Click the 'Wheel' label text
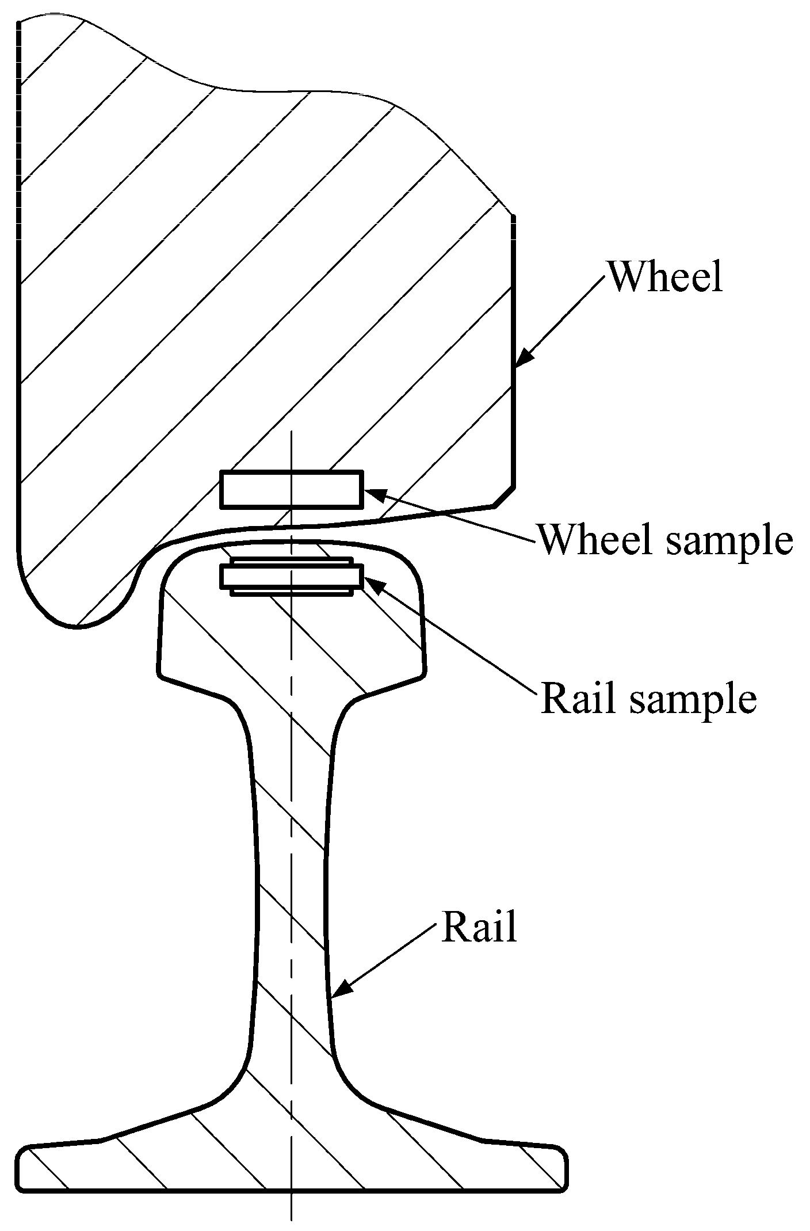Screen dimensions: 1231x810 [665, 277]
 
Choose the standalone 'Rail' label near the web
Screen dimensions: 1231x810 [479, 927]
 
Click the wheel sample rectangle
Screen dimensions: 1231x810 [292, 489]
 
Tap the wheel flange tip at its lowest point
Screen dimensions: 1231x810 [75, 627]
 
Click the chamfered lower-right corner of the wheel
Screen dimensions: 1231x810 [504, 496]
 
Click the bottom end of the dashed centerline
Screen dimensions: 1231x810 [292, 1219]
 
